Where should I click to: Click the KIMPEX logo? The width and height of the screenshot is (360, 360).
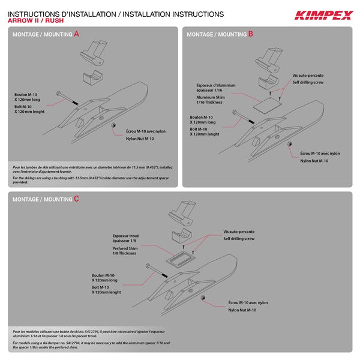322,16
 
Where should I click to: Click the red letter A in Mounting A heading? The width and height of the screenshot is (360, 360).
76,34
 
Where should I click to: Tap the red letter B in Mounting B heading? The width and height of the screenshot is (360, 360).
250,34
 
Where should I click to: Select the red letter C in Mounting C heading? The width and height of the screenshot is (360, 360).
76,199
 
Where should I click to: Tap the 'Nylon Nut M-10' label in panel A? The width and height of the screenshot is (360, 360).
140,139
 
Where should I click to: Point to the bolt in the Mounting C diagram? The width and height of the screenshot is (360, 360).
154,269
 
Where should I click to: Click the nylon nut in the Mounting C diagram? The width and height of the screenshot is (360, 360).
203,298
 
